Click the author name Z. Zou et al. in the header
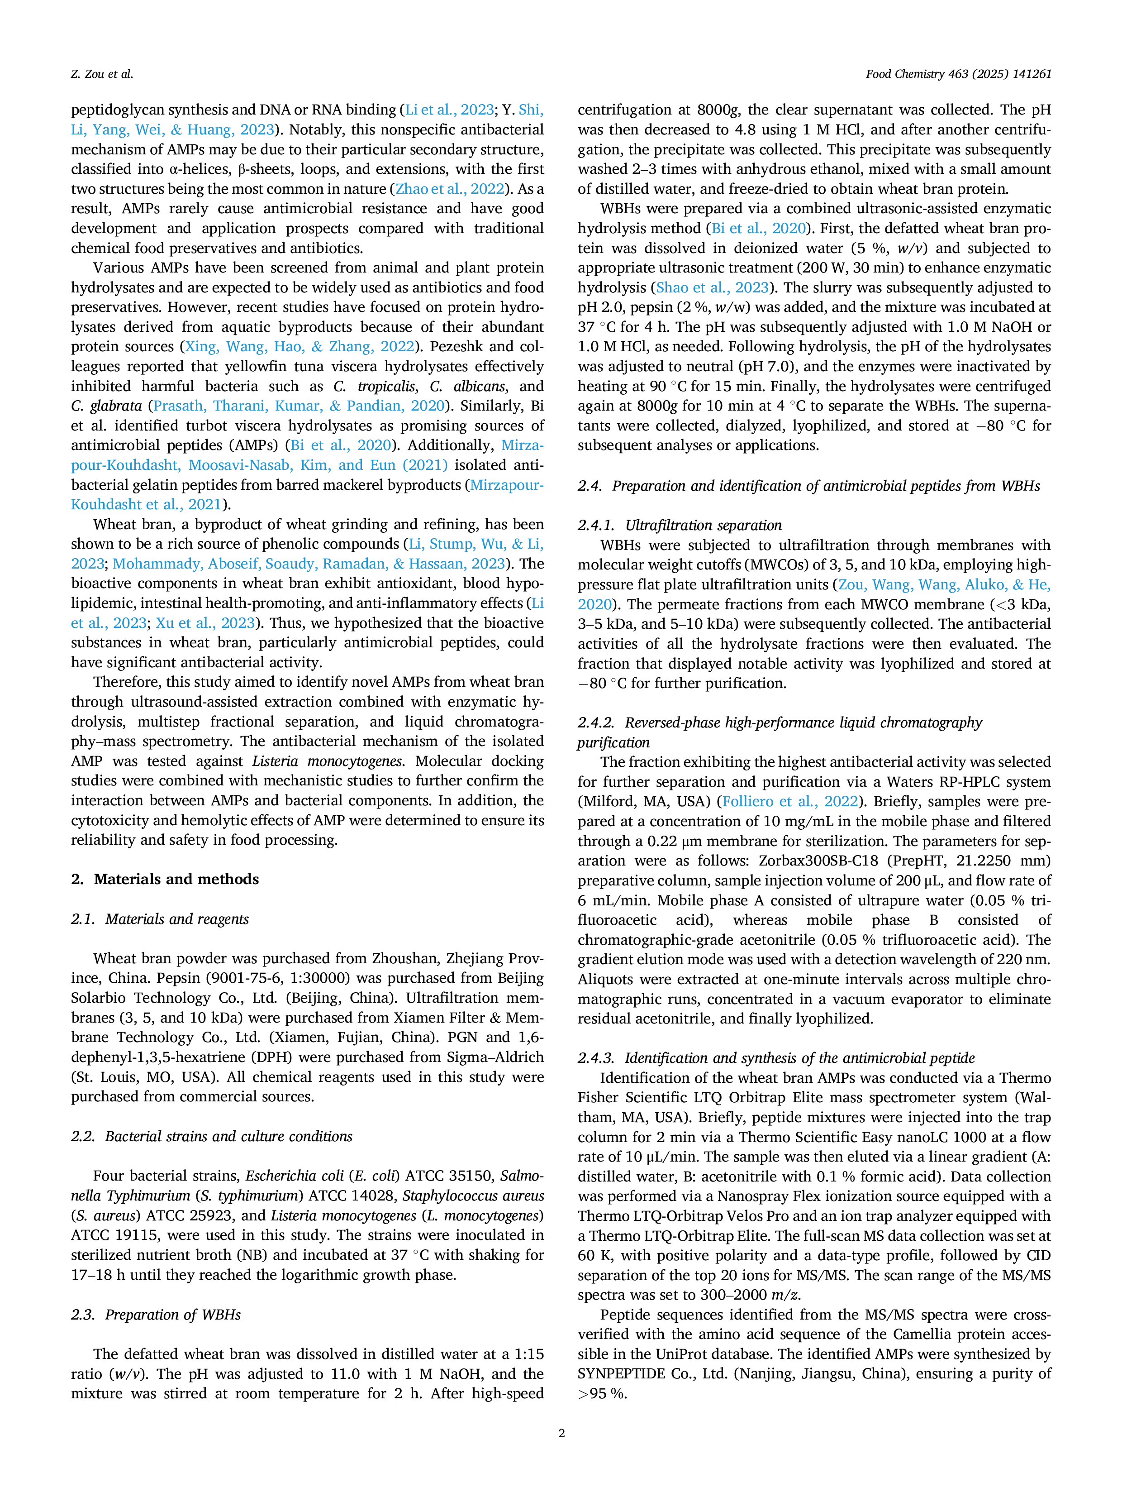[x=102, y=74]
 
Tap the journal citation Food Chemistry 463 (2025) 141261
[x=958, y=74]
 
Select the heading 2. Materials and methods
[x=165, y=879]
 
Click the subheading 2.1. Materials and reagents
[x=160, y=919]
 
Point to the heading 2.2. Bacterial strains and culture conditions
[x=212, y=1136]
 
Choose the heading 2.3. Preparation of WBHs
[x=156, y=1314]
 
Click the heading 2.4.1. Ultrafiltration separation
[x=680, y=525]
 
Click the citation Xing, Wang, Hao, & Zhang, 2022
[x=300, y=346]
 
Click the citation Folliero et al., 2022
[x=790, y=801]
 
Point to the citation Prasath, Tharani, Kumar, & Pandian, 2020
[x=300, y=406]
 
